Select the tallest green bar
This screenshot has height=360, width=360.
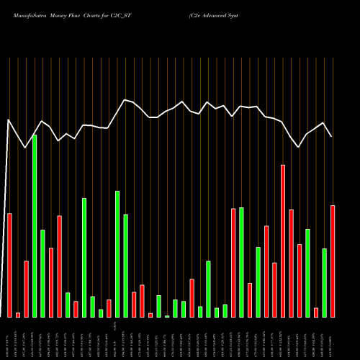[x=35, y=225]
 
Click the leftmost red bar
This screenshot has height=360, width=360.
[x=9, y=265]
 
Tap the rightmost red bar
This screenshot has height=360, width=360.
[x=333, y=261]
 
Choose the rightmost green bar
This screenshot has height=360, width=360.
[x=325, y=282]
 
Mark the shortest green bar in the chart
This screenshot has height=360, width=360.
[x=167, y=316]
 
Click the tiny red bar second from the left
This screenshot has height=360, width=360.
[x=18, y=315]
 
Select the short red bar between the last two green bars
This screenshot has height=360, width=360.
[x=316, y=312]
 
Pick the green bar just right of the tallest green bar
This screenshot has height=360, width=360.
[x=42, y=273]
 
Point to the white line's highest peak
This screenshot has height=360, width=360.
[x=125, y=99]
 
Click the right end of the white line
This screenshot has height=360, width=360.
[x=332, y=136]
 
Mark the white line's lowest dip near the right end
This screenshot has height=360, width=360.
[x=299, y=147]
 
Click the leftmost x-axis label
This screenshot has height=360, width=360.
[x=7, y=338]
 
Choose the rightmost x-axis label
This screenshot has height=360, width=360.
[x=333, y=338]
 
